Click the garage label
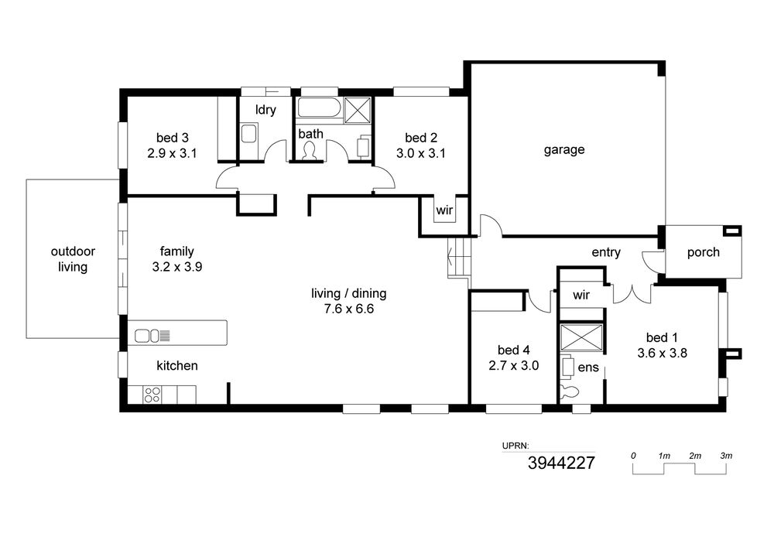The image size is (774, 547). coord(564,150)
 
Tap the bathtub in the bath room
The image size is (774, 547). coord(320,108)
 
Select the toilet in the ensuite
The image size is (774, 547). coord(570,391)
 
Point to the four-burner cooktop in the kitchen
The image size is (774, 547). coord(152,395)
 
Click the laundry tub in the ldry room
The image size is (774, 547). coord(248,134)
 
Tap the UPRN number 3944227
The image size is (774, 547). coord(562,463)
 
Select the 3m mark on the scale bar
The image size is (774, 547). coord(726,456)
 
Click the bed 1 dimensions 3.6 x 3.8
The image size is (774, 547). coord(662,353)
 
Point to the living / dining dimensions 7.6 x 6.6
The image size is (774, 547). coord(349,309)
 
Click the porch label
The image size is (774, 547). coord(704,252)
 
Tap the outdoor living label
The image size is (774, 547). coord(73,259)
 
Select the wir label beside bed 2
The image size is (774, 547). coord(444,210)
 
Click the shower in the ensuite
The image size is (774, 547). coord(581,338)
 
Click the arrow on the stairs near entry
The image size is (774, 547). coord(450,256)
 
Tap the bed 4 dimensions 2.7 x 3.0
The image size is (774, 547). coord(513,366)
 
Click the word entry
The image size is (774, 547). coord(606,252)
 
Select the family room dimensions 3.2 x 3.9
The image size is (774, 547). coord(177,267)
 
